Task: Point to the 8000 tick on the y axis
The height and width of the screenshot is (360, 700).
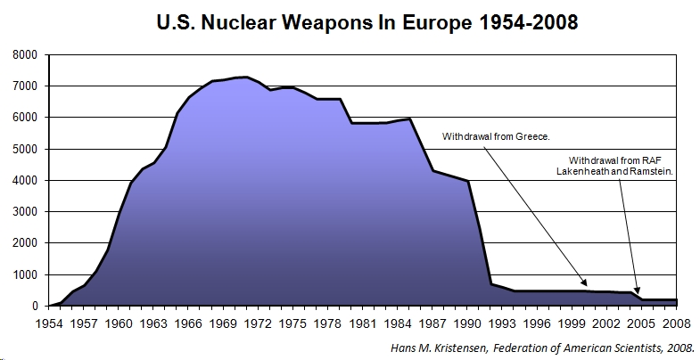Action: [x=25, y=55]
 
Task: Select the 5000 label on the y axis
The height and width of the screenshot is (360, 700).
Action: [x=25, y=149]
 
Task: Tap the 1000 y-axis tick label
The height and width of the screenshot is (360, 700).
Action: [x=25, y=274]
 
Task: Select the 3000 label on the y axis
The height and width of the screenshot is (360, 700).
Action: [x=25, y=212]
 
